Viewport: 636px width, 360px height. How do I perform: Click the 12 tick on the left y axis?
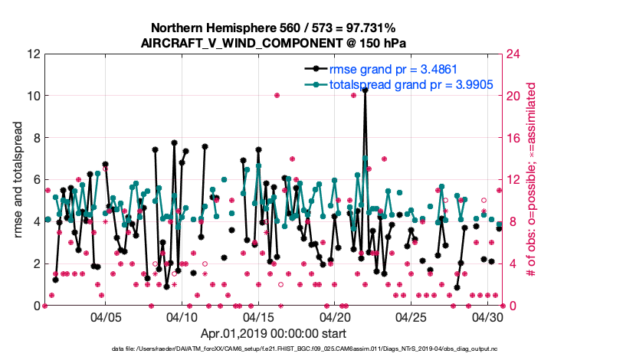pyautogui.click(x=33, y=54)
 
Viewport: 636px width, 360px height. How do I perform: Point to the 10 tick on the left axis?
pyautogui.click(x=33, y=97)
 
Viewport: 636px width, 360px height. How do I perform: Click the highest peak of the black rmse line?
pyautogui.click(x=366, y=90)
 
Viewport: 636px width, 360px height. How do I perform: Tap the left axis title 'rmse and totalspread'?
pyautogui.click(x=18, y=180)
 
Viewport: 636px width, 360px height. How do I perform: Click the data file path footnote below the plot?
pyautogui.click(x=317, y=350)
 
